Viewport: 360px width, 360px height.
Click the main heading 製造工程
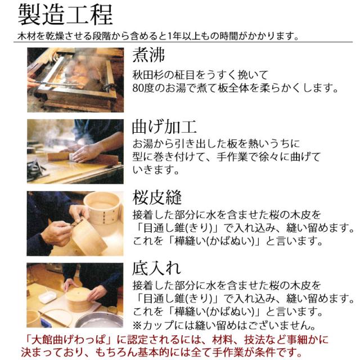coord(65,14)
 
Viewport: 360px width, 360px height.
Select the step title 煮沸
coord(148,55)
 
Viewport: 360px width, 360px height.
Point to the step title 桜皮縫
coord(157,197)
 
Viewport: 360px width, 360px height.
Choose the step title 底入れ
coord(156,268)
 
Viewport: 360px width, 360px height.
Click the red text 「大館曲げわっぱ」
coord(66,340)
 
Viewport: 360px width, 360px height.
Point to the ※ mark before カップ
coord(137,325)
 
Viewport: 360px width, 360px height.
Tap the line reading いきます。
coord(155,170)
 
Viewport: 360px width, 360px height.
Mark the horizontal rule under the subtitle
coord(183,42)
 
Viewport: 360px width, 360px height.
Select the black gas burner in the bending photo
coord(36,170)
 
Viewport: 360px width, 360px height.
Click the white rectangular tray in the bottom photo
coord(47,296)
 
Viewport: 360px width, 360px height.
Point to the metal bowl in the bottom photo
coord(99,319)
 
